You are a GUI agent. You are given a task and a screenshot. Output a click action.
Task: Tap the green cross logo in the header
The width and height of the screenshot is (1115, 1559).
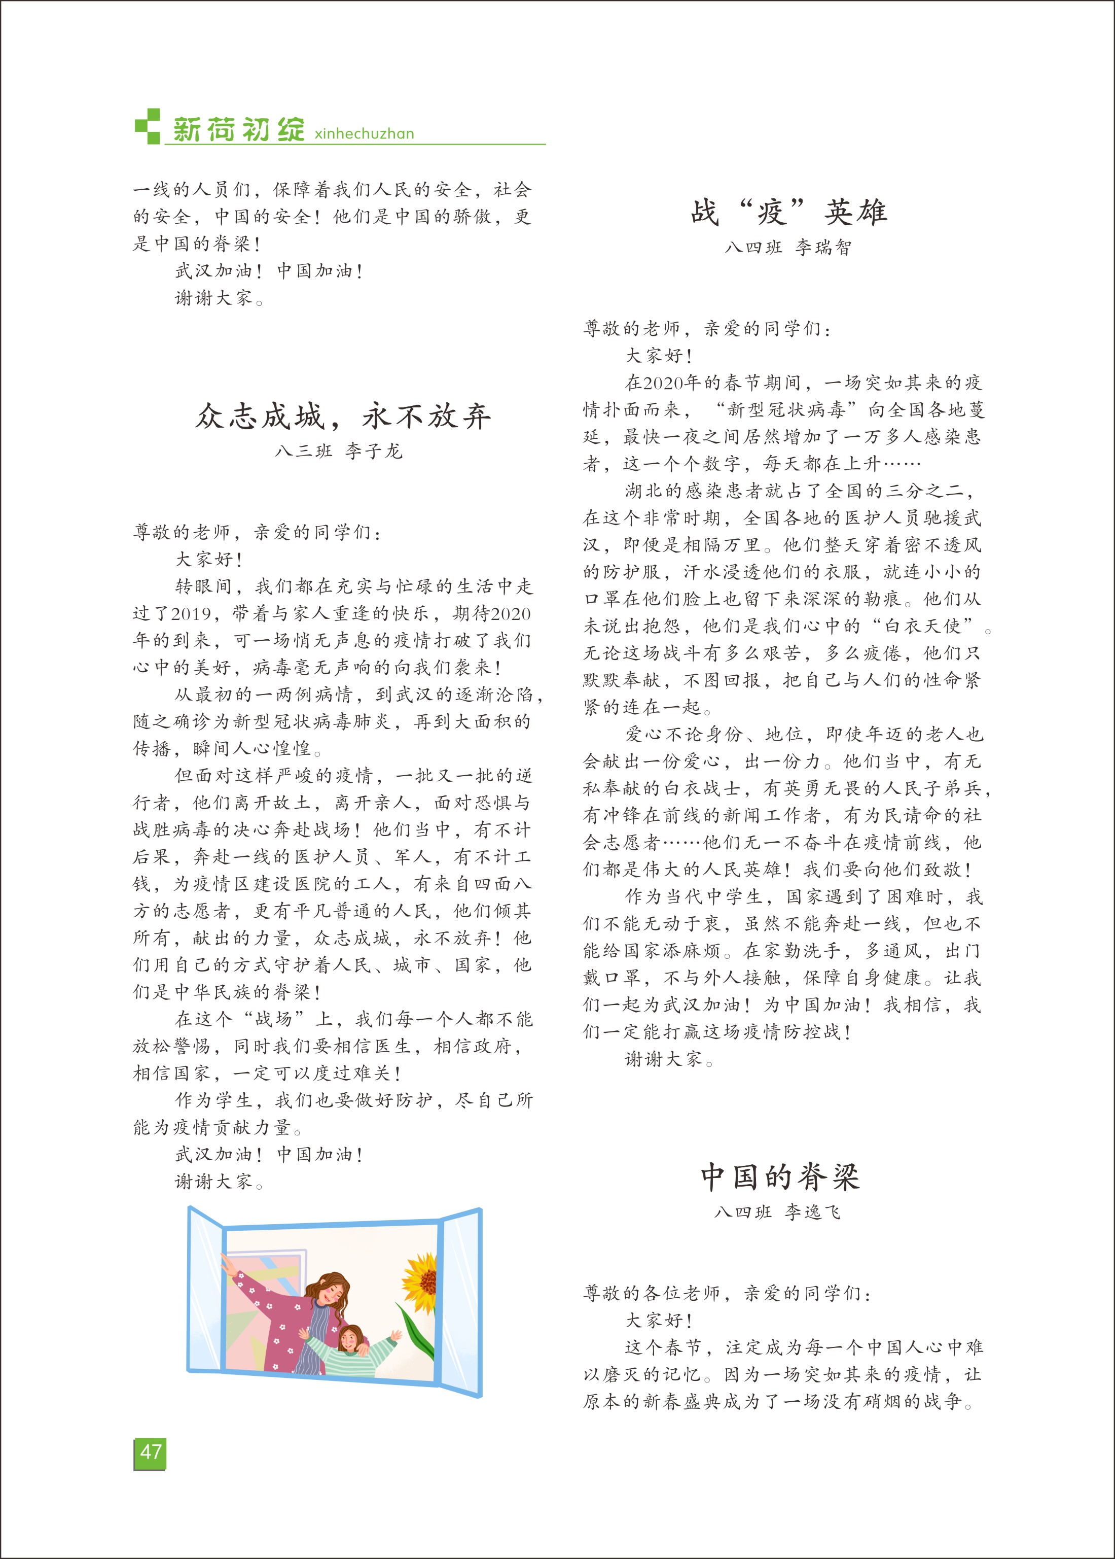click(148, 126)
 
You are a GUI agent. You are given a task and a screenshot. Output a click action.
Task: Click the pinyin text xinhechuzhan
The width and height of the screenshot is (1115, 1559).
click(364, 133)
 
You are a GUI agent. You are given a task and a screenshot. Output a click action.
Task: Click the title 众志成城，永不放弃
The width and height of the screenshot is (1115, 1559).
click(343, 416)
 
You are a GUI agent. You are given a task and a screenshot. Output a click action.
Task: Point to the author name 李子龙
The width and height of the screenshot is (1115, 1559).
click(374, 451)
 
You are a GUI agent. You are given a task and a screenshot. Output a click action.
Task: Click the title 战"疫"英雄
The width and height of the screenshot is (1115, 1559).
click(789, 212)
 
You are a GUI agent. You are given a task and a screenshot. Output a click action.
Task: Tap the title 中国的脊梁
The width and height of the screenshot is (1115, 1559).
click(780, 1176)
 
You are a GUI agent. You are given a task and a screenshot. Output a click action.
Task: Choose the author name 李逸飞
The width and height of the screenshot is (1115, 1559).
click(813, 1212)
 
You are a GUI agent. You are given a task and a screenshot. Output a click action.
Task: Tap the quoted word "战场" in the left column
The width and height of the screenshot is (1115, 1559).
click(273, 1019)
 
